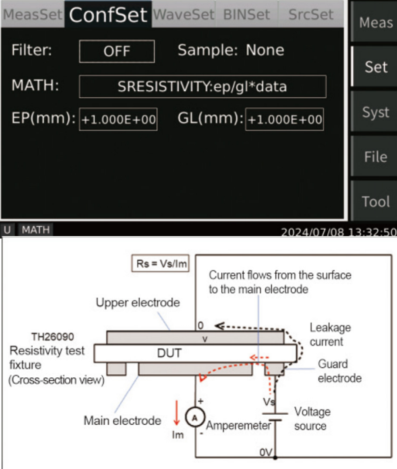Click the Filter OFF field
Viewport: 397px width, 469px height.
click(117, 51)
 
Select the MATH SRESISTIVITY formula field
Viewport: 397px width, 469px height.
click(202, 86)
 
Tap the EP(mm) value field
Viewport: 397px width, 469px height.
click(118, 119)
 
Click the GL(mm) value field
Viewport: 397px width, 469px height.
click(285, 119)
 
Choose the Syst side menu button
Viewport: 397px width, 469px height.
click(375, 113)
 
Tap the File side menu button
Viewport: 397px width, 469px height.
click(375, 157)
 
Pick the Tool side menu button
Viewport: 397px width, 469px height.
click(375, 201)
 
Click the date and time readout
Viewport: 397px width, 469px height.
click(338, 232)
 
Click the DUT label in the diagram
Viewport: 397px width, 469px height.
click(169, 354)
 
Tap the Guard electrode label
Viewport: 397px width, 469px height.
click(339, 371)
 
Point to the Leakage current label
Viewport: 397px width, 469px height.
click(330, 335)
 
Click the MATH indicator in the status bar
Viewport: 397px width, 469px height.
click(35, 230)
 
